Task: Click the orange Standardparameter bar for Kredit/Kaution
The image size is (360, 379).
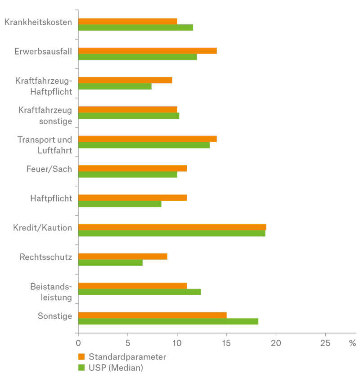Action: [x=172, y=227]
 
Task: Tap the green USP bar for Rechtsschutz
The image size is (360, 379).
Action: [x=110, y=263]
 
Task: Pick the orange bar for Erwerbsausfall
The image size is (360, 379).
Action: [x=147, y=51]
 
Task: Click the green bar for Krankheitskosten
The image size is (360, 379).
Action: [x=135, y=27]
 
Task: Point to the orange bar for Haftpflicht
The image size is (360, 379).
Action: [x=132, y=198]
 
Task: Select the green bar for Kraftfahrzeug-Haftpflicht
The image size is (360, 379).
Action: [x=115, y=86]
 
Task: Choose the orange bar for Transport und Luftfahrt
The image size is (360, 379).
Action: [x=147, y=139]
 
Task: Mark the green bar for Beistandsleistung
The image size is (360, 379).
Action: [x=139, y=292]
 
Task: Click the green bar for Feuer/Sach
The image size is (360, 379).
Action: [x=127, y=175]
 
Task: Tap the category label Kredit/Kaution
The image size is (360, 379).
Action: [x=43, y=228]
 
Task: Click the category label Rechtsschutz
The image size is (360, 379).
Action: [x=46, y=257]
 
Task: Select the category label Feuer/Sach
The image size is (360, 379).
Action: [x=49, y=169]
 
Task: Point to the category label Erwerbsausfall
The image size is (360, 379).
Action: [x=43, y=51]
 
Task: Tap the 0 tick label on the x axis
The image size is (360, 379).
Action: [x=78, y=343]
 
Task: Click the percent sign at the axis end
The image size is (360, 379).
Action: [x=352, y=343]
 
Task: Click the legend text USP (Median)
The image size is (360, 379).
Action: [x=116, y=368]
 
